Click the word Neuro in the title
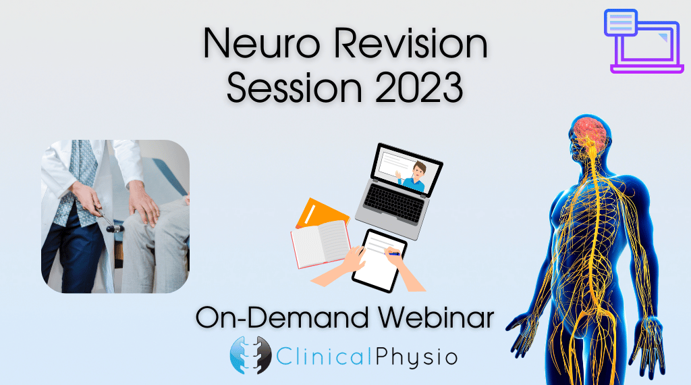tap(261, 43)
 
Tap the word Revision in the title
tap(410, 43)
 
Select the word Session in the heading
tap(294, 87)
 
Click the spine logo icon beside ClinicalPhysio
tap(250, 355)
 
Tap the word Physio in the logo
tap(416, 357)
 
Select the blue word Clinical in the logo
tap(326, 355)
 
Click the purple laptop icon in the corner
tap(643, 41)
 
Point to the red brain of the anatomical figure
tap(592, 133)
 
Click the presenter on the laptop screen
tap(414, 177)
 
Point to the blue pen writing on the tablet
tap(393, 253)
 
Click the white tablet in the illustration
tap(379, 261)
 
